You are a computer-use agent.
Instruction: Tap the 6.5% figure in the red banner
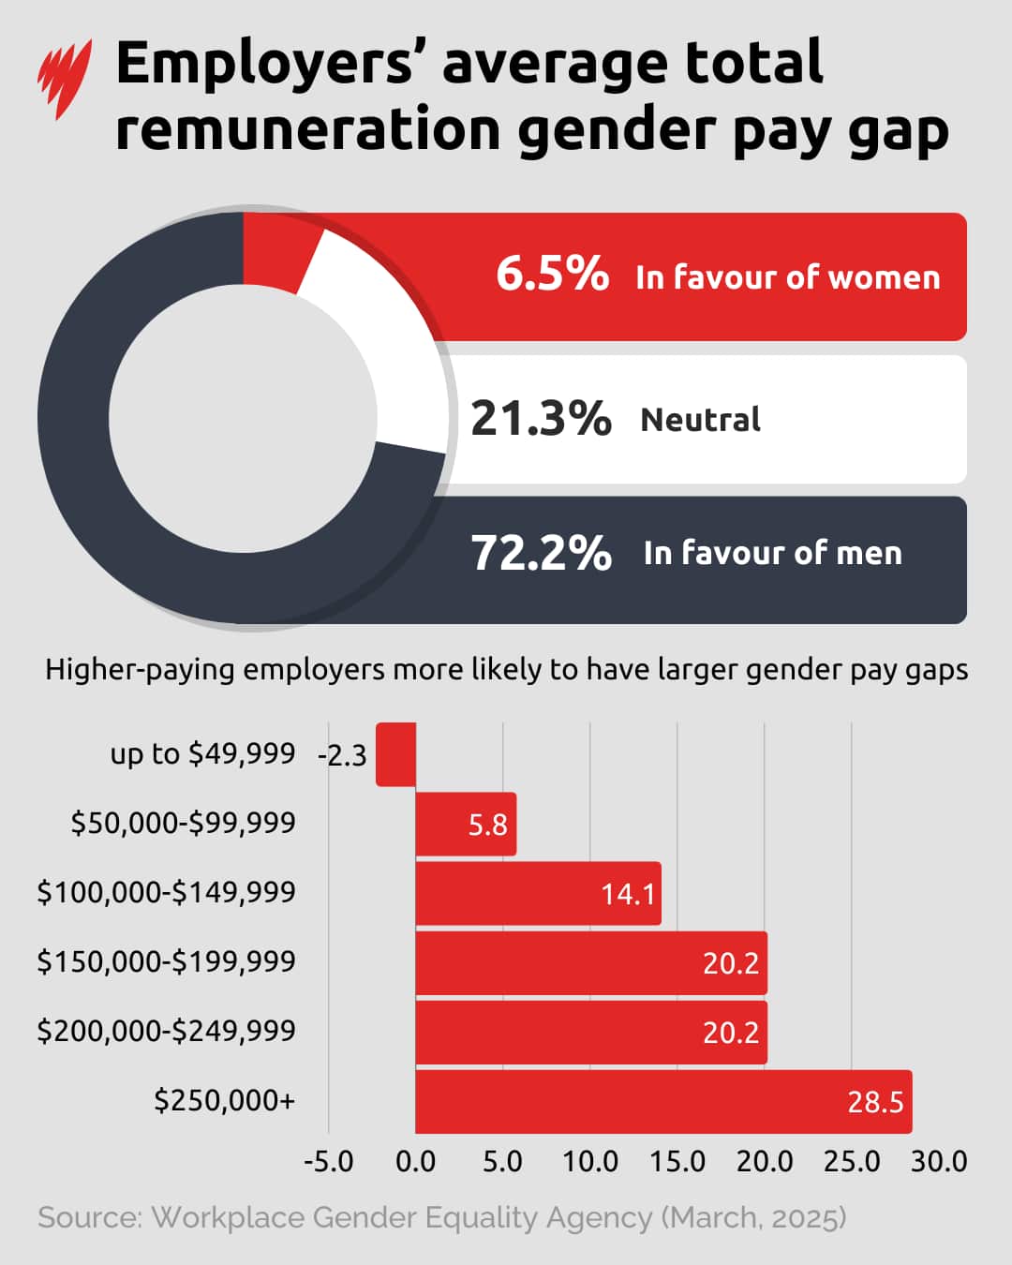pos(552,274)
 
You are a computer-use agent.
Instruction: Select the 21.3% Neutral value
pos(541,418)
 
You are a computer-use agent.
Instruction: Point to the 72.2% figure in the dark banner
pos(541,552)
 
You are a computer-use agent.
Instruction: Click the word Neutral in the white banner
pos(700,419)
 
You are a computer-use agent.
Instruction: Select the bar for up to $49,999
pos(395,754)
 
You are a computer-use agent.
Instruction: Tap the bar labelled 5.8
pos(466,824)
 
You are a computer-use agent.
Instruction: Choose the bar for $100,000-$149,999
pos(537,893)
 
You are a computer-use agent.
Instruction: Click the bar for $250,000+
pos(663,1101)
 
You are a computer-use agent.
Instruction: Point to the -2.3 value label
pos(342,755)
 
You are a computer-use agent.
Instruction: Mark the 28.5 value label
pos(875,1102)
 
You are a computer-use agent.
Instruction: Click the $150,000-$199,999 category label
pos(166,961)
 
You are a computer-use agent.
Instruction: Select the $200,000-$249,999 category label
pos(166,1031)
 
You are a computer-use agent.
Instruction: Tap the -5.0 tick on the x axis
pos(328,1162)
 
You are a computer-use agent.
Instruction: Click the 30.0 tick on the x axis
pos(939,1162)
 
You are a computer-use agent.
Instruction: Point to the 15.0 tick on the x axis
pos(677,1162)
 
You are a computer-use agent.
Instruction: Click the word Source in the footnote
pos(89,1217)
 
